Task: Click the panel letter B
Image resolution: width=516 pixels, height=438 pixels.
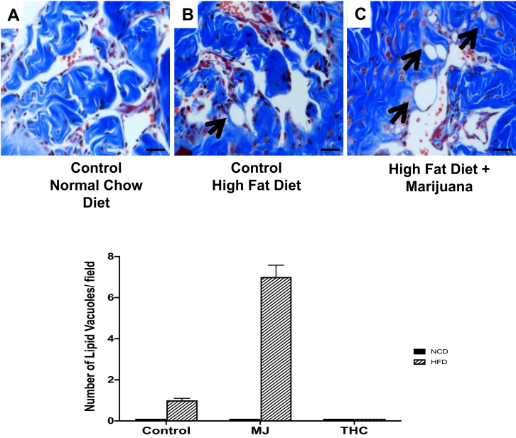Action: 187,15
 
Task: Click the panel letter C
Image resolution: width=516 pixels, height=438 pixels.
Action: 360,15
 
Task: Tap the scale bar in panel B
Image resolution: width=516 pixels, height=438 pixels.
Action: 328,150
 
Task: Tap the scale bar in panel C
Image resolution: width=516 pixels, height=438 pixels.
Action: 500,150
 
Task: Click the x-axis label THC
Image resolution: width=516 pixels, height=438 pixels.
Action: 354,430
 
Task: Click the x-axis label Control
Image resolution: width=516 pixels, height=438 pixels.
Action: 166,430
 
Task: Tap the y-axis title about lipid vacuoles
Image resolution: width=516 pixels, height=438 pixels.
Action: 91,338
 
